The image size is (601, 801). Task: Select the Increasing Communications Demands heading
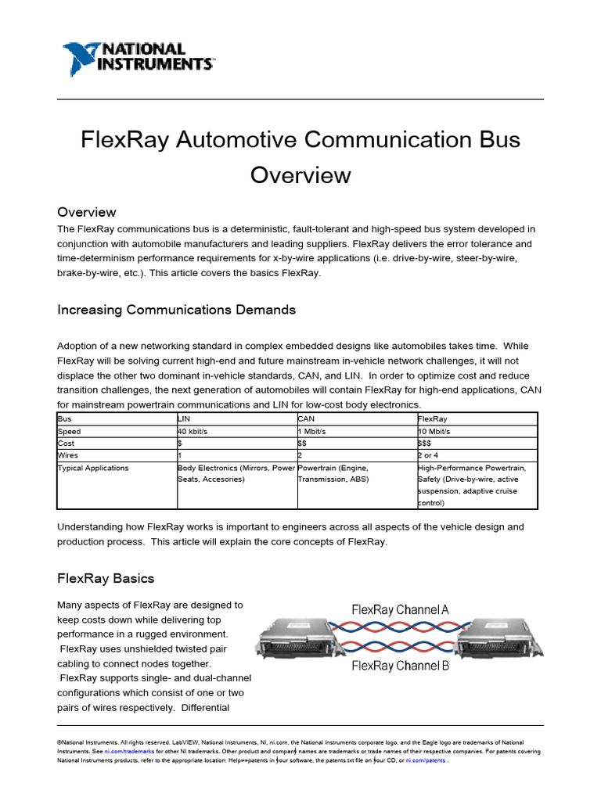pos(176,310)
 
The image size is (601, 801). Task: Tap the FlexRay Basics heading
pos(106,579)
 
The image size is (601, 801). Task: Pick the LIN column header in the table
pos(185,418)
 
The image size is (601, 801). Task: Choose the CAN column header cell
pos(306,418)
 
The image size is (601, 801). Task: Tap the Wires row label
pos(68,454)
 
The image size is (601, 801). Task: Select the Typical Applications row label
pos(93,468)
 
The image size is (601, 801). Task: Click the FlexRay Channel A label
pos(400,609)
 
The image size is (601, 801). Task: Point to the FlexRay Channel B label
pos(400,666)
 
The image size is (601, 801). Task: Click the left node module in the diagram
pos(291,638)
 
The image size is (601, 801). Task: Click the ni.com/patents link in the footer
pos(426,760)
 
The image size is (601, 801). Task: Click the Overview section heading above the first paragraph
pos(87,212)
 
